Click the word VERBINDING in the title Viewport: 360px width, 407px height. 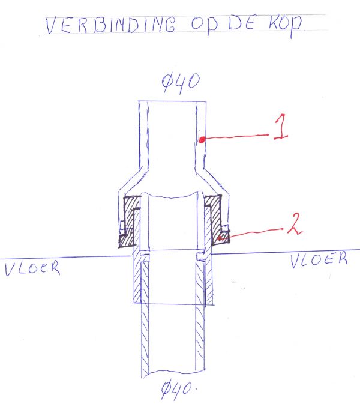(x=111, y=25)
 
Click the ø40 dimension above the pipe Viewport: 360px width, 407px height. (x=181, y=83)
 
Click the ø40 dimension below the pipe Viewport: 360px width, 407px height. (x=177, y=390)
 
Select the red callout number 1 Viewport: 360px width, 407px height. (x=281, y=127)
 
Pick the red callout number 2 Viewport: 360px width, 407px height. (x=295, y=224)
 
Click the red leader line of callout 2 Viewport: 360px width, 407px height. (x=251, y=233)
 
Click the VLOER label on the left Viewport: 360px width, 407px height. (x=32, y=268)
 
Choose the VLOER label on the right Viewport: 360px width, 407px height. (x=319, y=259)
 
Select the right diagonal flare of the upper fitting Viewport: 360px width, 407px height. (x=212, y=181)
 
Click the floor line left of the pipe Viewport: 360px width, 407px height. (x=65, y=258)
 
